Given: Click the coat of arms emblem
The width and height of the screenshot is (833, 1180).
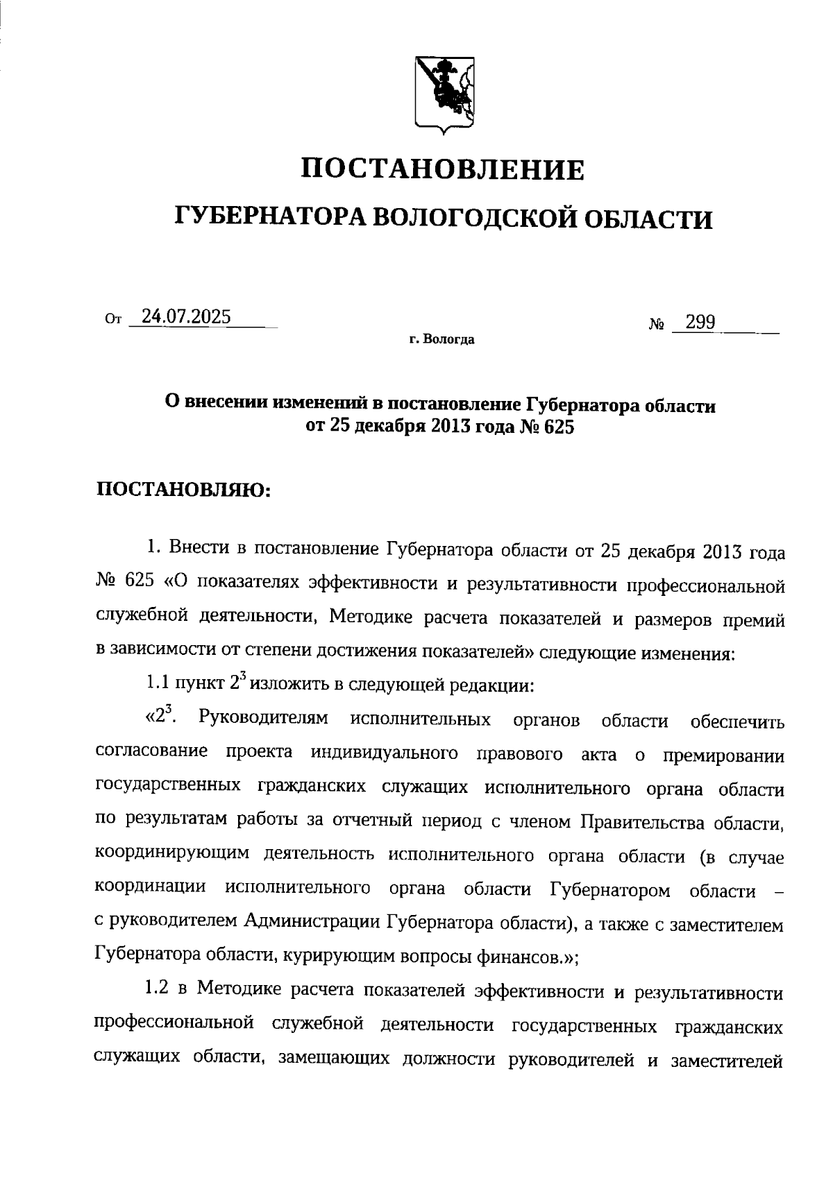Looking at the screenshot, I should coord(444,93).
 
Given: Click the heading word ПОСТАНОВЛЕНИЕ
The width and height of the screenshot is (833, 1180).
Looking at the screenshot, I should coord(444,169).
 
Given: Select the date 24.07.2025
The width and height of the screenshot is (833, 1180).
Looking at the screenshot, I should coord(186,317).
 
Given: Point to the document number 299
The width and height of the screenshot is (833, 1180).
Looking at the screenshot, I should coord(700,322).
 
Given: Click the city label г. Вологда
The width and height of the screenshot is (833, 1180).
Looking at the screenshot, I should coord(441,340).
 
